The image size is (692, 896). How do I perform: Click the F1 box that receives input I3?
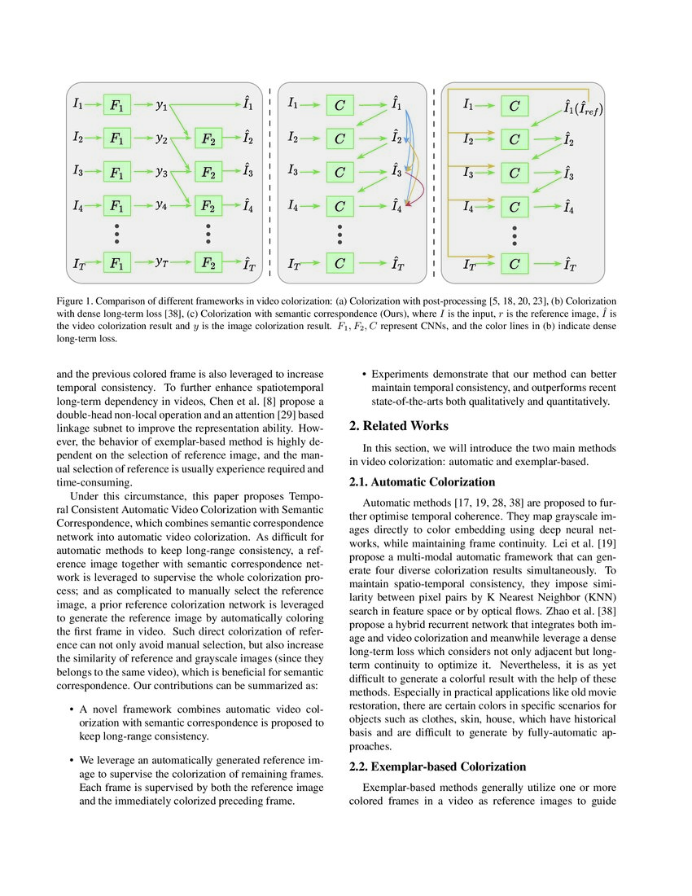click(x=117, y=173)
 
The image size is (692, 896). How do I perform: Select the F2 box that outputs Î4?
click(x=208, y=207)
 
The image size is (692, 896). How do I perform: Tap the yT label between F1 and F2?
click(x=163, y=263)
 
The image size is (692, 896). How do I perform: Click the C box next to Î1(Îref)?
click(x=514, y=105)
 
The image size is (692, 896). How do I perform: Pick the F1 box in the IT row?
click(x=117, y=263)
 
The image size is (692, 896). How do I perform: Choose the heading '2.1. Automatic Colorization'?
click(x=422, y=482)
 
